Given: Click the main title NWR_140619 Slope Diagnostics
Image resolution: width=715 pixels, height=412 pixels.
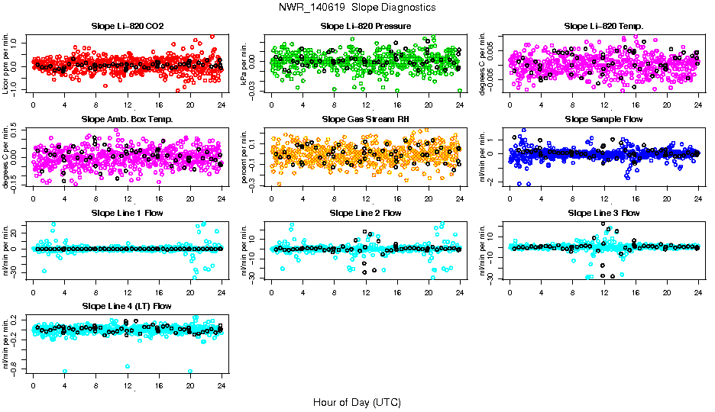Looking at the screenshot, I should (357, 7).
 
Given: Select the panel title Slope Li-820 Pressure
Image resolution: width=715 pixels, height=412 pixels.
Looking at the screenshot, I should (365, 26).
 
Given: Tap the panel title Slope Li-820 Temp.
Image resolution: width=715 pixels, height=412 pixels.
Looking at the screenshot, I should (603, 26).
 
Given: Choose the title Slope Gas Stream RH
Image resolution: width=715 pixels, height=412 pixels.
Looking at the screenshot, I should (365, 119).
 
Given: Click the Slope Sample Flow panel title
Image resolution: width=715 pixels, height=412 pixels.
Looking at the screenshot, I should (603, 119).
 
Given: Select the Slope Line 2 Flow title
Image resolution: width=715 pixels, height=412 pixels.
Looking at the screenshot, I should (365, 213).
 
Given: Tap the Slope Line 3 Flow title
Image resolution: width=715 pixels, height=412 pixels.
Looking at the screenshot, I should (603, 213).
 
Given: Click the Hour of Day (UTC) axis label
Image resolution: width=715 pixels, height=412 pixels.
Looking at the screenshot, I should (357, 401).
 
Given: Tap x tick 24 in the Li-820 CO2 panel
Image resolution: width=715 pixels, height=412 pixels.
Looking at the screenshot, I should (222, 105).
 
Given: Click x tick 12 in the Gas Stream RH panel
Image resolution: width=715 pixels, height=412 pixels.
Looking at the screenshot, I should (366, 198).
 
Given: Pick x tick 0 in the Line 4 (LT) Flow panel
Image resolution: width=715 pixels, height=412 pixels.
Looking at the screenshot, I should (33, 385).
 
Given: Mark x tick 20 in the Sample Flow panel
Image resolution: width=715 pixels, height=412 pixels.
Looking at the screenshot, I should (667, 198).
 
